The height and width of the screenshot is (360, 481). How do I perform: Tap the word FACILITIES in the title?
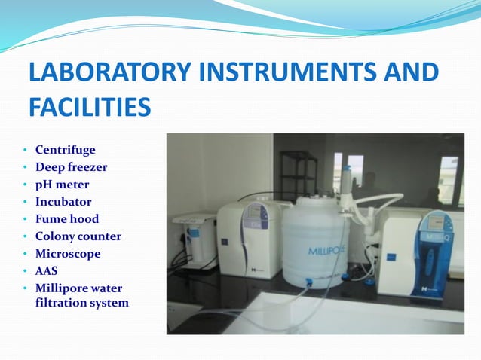point(90,107)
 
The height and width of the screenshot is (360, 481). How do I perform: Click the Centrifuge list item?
point(66,150)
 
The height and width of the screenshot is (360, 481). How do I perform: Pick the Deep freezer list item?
point(71,167)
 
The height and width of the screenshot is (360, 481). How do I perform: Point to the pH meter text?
point(62,185)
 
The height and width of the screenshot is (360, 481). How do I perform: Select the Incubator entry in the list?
point(63,202)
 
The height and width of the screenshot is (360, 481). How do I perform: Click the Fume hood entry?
point(67,219)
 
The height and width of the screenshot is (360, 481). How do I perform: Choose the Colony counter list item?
point(78,236)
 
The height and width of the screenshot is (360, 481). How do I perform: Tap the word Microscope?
point(67,254)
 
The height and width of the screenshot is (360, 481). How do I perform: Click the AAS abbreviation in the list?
point(47,271)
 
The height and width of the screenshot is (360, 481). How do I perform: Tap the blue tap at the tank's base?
point(310,282)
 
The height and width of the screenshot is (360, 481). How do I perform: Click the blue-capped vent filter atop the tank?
point(346,174)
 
